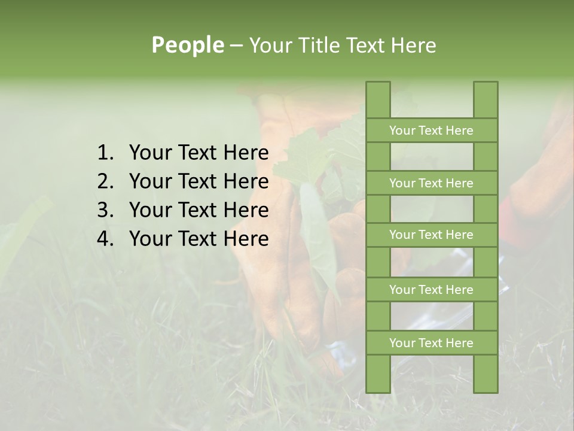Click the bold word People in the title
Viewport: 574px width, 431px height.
click(x=187, y=45)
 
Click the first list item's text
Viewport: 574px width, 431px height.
click(x=199, y=153)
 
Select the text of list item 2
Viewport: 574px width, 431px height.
click(x=199, y=181)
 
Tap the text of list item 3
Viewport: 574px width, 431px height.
click(x=199, y=210)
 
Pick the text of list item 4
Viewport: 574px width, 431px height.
click(x=199, y=239)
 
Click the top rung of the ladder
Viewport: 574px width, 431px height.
click(x=431, y=130)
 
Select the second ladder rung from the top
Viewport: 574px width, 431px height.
click(x=431, y=183)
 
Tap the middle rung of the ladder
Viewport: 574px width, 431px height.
click(x=431, y=235)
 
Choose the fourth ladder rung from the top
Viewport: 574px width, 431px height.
click(x=431, y=290)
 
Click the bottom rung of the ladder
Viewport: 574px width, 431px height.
click(x=431, y=343)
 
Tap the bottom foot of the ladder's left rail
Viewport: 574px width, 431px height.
click(x=378, y=387)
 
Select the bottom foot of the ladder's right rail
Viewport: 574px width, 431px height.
click(x=486, y=387)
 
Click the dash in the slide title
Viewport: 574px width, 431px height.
click(x=236, y=45)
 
